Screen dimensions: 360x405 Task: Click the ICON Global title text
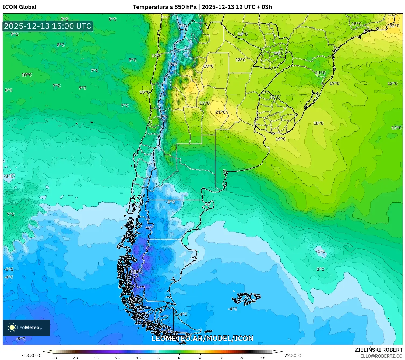(x=19, y=7)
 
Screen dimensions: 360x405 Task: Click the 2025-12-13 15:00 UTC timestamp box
(x=48, y=26)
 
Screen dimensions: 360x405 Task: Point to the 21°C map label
(x=220, y=112)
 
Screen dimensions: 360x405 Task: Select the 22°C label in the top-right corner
(x=394, y=26)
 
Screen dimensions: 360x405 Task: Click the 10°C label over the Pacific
(x=27, y=75)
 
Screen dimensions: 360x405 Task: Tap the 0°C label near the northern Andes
(x=182, y=26)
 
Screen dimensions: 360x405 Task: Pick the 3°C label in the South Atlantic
(x=320, y=269)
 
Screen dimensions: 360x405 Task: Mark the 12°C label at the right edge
(x=396, y=128)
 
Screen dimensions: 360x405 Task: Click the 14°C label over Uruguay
(x=274, y=97)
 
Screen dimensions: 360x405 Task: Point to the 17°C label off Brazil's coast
(x=334, y=84)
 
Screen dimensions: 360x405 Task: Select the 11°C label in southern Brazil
(x=321, y=73)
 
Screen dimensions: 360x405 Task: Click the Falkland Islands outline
(x=246, y=298)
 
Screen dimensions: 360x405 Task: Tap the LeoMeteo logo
(x=26, y=327)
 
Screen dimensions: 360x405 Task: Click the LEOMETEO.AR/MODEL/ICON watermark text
(x=202, y=338)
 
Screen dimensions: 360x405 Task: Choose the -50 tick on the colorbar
(x=54, y=358)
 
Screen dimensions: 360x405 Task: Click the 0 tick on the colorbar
(x=158, y=358)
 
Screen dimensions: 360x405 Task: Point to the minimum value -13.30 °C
(x=32, y=355)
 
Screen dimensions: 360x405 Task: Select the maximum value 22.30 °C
(x=293, y=355)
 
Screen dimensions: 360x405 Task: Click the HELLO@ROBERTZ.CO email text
(x=380, y=356)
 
